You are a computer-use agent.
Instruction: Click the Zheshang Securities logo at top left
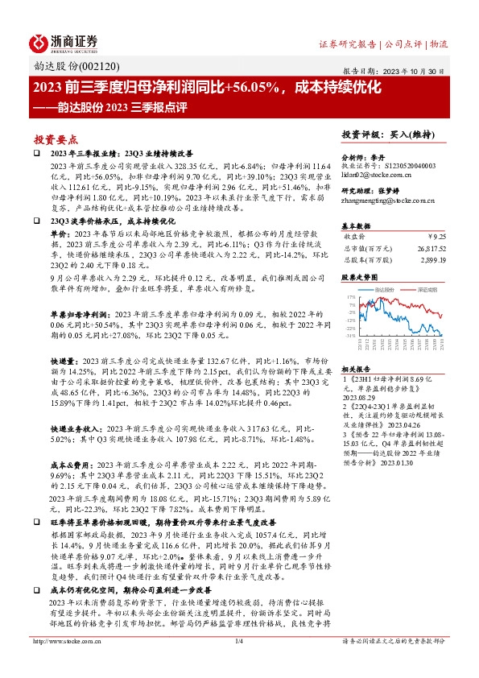click(x=64, y=41)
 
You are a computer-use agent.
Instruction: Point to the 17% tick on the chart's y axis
click(x=351, y=296)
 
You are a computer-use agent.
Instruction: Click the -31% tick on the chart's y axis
click(x=351, y=335)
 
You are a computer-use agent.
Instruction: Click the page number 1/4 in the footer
click(x=238, y=664)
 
